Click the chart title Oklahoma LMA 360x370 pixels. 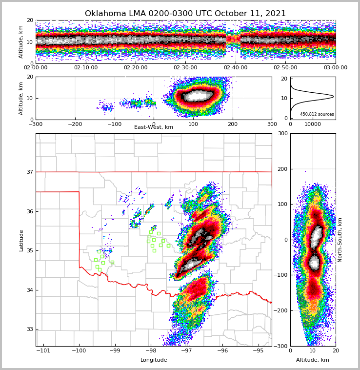pyautogui.click(x=185, y=14)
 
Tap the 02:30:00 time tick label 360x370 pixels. pyautogui.click(x=185, y=68)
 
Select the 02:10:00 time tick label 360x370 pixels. pyautogui.click(x=86, y=68)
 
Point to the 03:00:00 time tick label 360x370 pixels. pyautogui.click(x=335, y=68)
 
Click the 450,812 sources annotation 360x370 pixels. pyautogui.click(x=317, y=114)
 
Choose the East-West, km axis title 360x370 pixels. pyautogui.click(x=154, y=127)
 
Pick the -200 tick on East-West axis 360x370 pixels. pyautogui.click(x=75, y=124)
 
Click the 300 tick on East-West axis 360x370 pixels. pyautogui.click(x=272, y=124)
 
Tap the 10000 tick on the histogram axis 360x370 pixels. pyautogui.click(x=313, y=124)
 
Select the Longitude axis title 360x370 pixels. pyautogui.click(x=154, y=360)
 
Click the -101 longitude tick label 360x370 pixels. pyautogui.click(x=43, y=350)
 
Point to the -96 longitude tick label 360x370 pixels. pyautogui.click(x=222, y=350)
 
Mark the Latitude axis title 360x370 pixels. pyautogui.click(x=21, y=240)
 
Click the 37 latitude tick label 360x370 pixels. pyautogui.click(x=29, y=172)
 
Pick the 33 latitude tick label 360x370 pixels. pyautogui.click(x=29, y=329)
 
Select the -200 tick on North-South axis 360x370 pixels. pyautogui.click(x=281, y=310)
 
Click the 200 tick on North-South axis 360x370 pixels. pyautogui.click(x=282, y=169)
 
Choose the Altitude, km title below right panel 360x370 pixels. pyautogui.click(x=313, y=360)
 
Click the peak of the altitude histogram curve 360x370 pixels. pyautogui.click(x=333, y=96)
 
